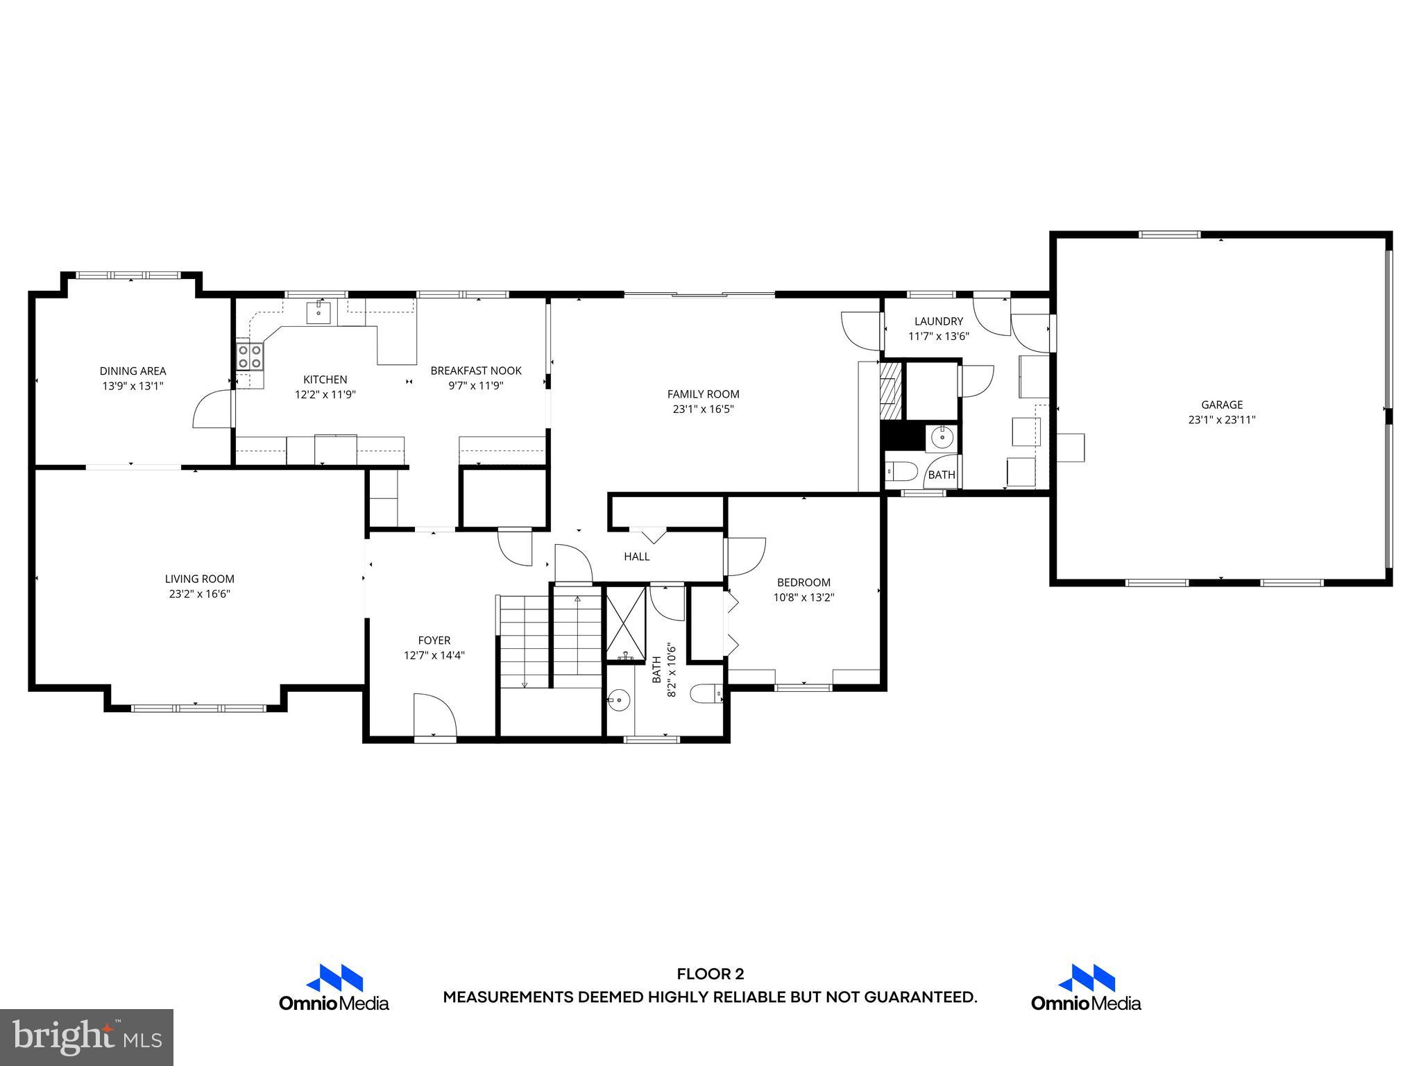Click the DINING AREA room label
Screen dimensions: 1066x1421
[133, 371]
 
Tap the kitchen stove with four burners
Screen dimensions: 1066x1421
[250, 356]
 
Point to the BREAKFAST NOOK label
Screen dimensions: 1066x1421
[476, 371]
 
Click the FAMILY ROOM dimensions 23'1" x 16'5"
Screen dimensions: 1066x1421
[703, 409]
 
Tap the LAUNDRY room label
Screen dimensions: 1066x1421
[938, 321]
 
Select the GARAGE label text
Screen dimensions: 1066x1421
[1222, 405]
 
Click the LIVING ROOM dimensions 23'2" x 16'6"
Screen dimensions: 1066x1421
[199, 594]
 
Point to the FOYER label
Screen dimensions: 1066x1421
[434, 641]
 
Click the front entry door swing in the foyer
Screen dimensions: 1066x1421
[434, 715]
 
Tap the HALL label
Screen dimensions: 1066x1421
[636, 557]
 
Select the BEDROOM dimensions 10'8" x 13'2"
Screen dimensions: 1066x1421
[803, 598]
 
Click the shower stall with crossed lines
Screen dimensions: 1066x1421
[626, 623]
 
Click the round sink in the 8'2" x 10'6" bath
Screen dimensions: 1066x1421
[618, 700]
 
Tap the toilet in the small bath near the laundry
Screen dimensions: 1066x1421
[901, 472]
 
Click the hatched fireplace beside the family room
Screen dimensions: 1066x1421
[891, 391]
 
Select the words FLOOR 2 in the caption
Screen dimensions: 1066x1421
[710, 974]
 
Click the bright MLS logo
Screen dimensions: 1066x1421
[87, 1037]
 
